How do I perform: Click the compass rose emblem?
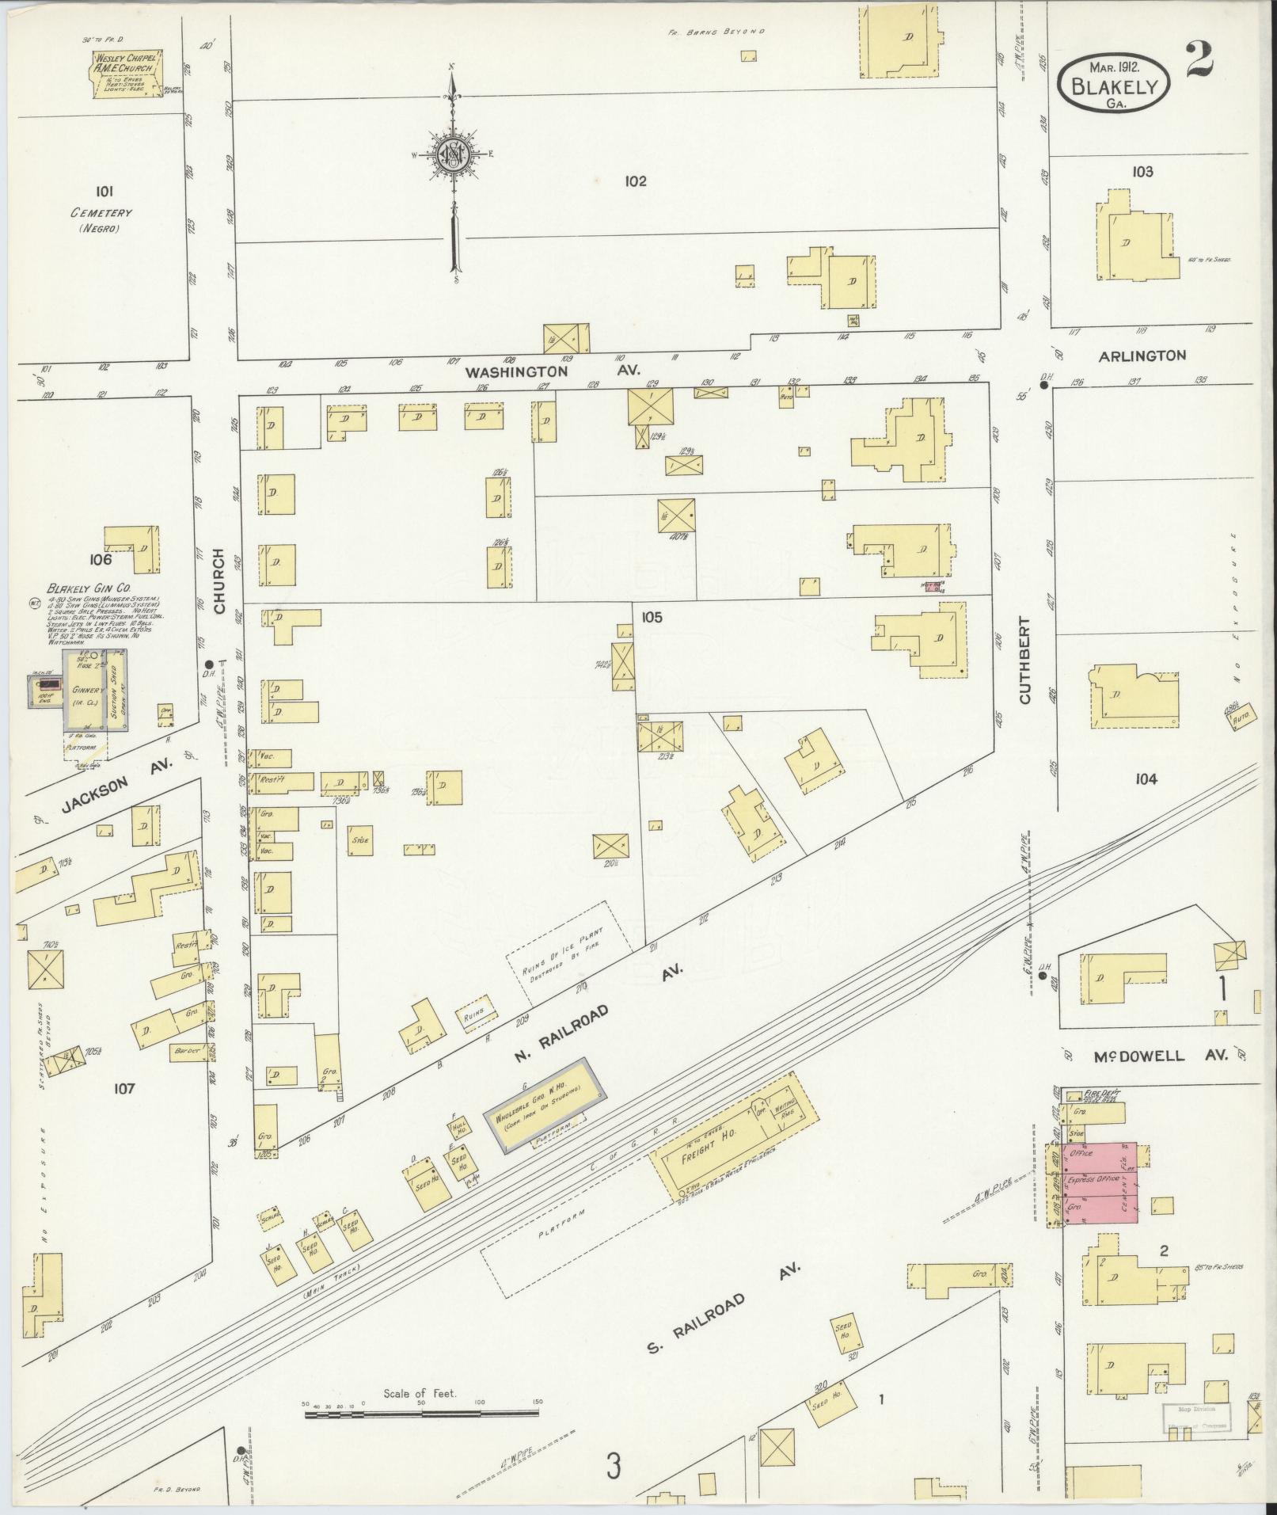[452, 155]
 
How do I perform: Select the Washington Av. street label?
[553, 371]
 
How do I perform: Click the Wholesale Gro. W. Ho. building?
[546, 1101]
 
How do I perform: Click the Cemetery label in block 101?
[100, 213]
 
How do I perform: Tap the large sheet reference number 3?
[614, 1467]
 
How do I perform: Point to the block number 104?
[1145, 779]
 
